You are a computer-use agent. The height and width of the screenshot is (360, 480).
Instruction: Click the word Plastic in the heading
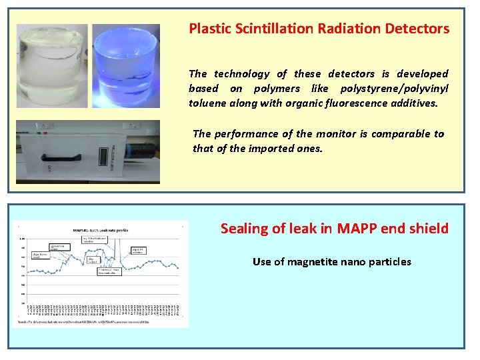pyautogui.click(x=209, y=29)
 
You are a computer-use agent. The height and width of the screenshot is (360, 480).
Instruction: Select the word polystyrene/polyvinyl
pyautogui.click(x=394, y=89)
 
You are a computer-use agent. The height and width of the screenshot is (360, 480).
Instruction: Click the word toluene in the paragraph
pyautogui.click(x=207, y=103)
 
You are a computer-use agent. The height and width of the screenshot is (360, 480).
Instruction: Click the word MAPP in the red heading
pyautogui.click(x=357, y=229)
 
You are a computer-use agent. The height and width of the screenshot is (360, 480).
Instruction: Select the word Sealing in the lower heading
pyautogui.click(x=244, y=229)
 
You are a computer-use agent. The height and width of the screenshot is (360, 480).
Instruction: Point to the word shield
pyautogui.click(x=429, y=229)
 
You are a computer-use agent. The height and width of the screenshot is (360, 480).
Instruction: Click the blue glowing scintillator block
pyautogui.click(x=126, y=67)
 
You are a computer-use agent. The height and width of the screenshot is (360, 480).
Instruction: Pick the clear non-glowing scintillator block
pyautogui.click(x=52, y=67)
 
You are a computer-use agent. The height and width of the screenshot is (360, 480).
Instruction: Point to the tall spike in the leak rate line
pyautogui.click(x=115, y=247)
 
